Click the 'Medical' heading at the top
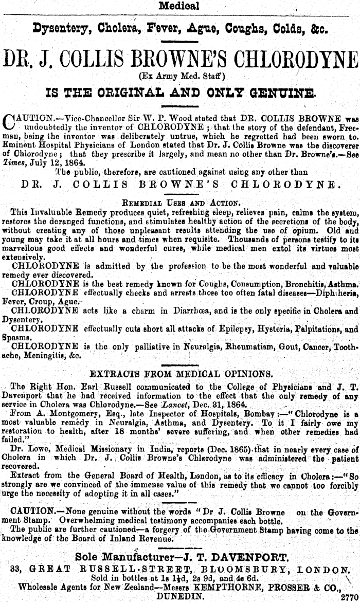(x=179, y=6)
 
